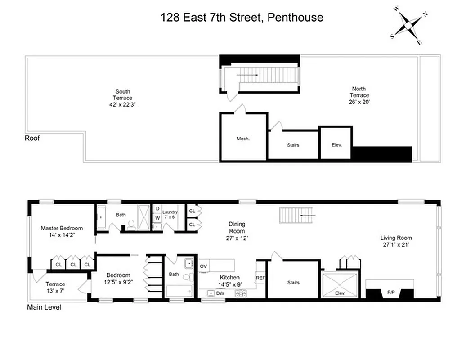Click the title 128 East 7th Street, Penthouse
click(x=242, y=18)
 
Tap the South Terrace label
click(x=123, y=94)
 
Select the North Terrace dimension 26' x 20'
click(x=359, y=102)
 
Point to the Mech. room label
click(x=243, y=139)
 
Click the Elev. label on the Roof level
click(x=337, y=145)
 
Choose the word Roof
click(x=32, y=139)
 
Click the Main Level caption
click(x=44, y=308)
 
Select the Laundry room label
click(x=170, y=212)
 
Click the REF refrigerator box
click(x=260, y=278)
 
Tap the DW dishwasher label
click(x=220, y=293)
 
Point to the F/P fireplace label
click(x=390, y=293)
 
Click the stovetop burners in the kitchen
click(x=241, y=293)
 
